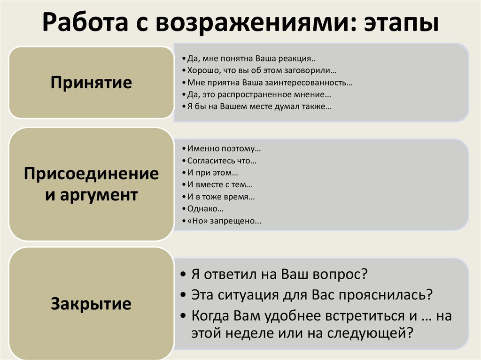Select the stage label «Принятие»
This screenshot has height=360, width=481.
pyautogui.click(x=91, y=83)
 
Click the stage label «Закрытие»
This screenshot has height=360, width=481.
pyautogui.click(x=91, y=304)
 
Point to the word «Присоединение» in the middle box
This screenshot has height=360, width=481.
pyautogui.click(x=91, y=174)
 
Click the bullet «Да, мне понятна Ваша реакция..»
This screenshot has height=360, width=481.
pyautogui.click(x=251, y=60)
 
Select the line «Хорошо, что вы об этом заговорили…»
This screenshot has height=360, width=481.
pyautogui.click(x=262, y=71)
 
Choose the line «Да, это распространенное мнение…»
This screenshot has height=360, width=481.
pyautogui.click(x=258, y=95)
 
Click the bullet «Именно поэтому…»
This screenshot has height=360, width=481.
pyautogui.click(x=224, y=149)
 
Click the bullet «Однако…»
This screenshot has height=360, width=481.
pyautogui.click(x=205, y=209)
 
